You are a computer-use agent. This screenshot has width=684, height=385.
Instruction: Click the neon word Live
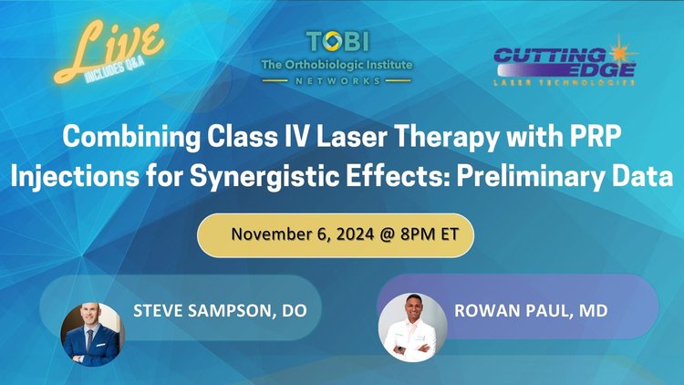pos(115,46)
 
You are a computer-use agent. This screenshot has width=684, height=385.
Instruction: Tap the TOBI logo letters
pos(339,42)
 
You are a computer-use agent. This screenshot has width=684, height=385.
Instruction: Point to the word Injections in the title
pos(67,174)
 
